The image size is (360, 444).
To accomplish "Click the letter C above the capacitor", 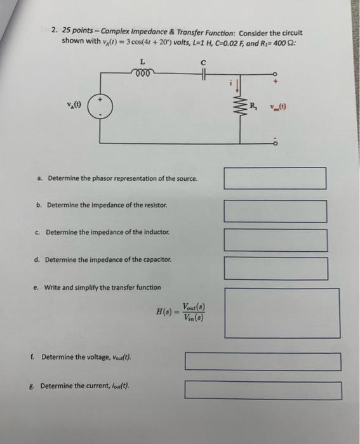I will pyautogui.click(x=203, y=62).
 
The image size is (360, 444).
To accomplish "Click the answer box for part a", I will pyautogui.click(x=275, y=178).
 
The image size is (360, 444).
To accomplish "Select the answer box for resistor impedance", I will pyautogui.click(x=275, y=211).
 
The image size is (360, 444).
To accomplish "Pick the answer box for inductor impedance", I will pyautogui.click(x=276, y=240).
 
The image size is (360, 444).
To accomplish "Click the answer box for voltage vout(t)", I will pyautogui.click(x=263, y=362).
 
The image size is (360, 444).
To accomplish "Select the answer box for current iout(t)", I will pyautogui.click(x=263, y=389).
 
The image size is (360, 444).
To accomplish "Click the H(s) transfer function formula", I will pyautogui.click(x=180, y=312).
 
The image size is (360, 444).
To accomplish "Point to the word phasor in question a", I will pyautogui.click(x=98, y=178).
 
